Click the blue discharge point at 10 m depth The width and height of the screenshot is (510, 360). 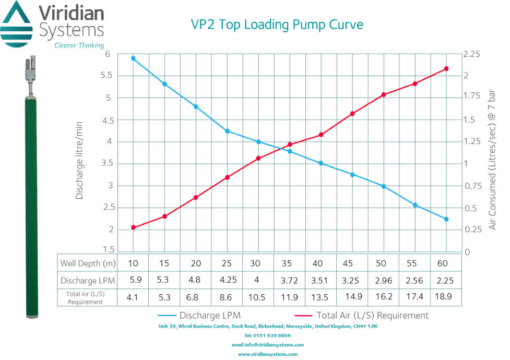click(133, 58)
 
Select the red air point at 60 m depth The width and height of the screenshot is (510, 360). click(446, 69)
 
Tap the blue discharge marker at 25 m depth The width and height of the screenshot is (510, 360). click(227, 131)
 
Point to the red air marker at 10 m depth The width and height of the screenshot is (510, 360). click(133, 227)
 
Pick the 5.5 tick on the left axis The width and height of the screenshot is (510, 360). click(108, 75)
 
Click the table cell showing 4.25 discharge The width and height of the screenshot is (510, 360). click(227, 280)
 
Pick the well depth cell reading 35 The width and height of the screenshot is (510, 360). click(290, 262)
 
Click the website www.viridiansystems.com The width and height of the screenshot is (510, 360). click(268, 354)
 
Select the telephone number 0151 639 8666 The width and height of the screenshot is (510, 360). click(267, 335)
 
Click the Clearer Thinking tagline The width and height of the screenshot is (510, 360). click(79, 45)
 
